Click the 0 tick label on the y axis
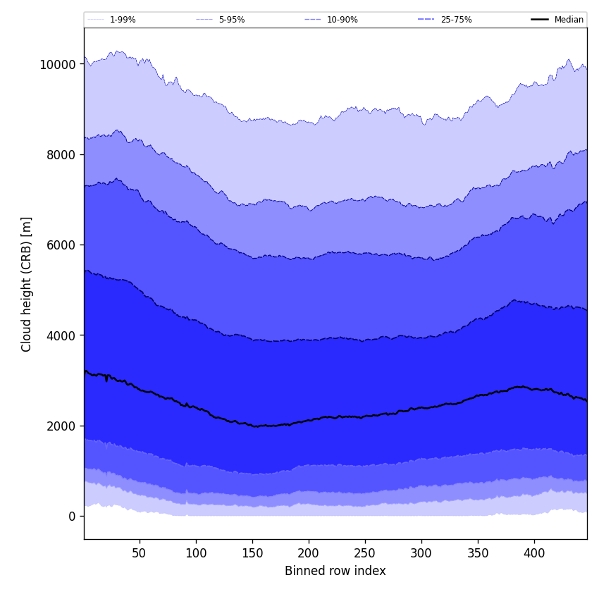tap(71, 517)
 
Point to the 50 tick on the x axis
tap(140, 553)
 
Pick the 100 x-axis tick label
tap(196, 553)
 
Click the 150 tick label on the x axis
tap(252, 553)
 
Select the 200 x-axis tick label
tap(309, 553)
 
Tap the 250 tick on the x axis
tap(365, 553)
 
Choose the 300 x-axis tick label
tap(421, 553)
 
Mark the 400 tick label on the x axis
tap(534, 553)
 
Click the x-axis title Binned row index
tap(335, 572)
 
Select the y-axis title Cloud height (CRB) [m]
tap(27, 284)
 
